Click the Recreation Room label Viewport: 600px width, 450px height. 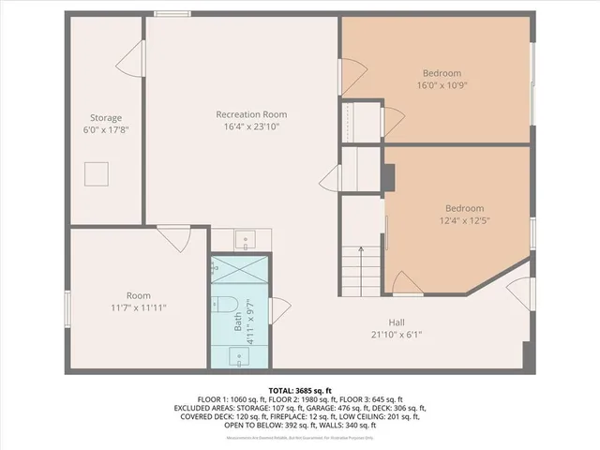(250, 114)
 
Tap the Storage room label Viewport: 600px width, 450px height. (106, 118)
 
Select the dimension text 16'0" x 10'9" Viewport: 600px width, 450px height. (441, 84)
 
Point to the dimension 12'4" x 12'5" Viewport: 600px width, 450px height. (464, 220)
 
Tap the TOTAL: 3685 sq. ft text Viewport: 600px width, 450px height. (300, 389)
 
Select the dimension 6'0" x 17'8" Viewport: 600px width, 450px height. (106, 130)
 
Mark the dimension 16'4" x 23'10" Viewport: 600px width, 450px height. (250, 127)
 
